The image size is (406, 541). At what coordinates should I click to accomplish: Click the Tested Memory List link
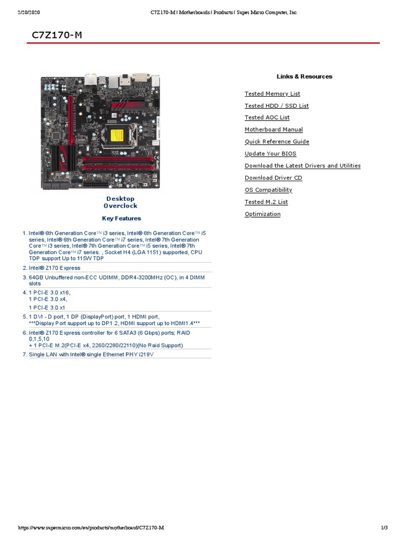(x=272, y=94)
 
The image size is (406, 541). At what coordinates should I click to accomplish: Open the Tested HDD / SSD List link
(x=276, y=106)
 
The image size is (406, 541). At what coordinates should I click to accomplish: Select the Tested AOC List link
(x=267, y=117)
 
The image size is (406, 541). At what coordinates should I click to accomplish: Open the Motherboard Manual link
(x=273, y=129)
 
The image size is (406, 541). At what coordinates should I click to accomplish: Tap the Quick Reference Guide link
(x=276, y=142)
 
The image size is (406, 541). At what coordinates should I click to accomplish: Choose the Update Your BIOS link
(x=270, y=154)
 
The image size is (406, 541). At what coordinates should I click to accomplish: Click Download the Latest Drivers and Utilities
(x=302, y=166)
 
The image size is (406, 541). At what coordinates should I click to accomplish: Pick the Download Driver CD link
(x=273, y=178)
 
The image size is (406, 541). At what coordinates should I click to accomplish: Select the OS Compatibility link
(x=268, y=190)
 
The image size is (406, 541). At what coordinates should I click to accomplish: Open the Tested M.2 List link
(x=266, y=202)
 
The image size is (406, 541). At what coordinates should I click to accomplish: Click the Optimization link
(x=262, y=214)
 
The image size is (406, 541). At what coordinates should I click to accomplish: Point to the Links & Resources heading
(x=304, y=77)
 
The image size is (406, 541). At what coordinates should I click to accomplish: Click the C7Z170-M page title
(x=57, y=35)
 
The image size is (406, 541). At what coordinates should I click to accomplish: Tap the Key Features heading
(x=121, y=218)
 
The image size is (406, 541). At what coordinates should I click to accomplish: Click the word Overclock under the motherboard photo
(x=121, y=206)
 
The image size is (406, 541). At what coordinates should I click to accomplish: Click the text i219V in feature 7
(x=146, y=355)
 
